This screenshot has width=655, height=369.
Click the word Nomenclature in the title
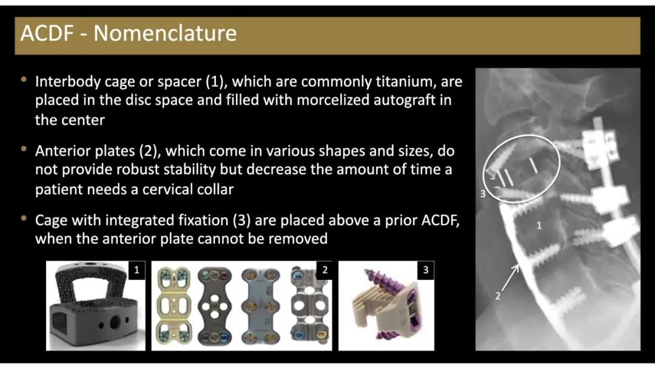[x=165, y=33]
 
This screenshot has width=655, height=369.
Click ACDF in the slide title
[x=47, y=33]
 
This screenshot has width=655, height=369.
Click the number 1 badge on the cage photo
[x=136, y=270]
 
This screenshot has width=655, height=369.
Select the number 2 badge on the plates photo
[x=324, y=270]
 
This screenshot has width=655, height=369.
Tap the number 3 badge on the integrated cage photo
[x=426, y=270]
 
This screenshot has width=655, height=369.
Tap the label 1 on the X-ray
[x=539, y=226]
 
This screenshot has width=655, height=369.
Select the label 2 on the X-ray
[x=497, y=296]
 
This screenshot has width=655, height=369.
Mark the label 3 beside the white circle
[x=483, y=194]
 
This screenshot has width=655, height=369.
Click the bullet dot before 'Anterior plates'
[x=24, y=149]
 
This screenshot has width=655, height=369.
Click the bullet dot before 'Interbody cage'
[x=24, y=79]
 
